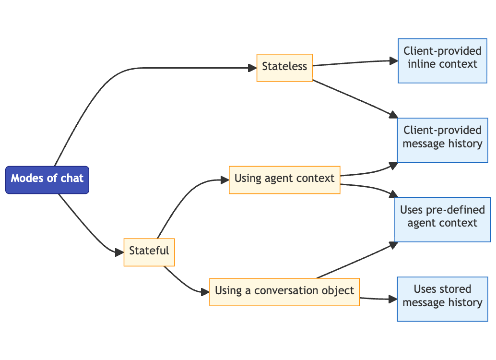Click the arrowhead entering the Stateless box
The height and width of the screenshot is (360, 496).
point(252,68)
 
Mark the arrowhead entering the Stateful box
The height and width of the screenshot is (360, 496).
point(119,252)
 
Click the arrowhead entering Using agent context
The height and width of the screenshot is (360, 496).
point(224,180)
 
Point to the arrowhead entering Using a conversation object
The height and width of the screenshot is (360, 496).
point(205,292)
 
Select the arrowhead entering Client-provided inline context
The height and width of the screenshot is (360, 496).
point(393,60)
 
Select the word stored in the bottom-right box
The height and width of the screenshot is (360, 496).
point(455,289)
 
